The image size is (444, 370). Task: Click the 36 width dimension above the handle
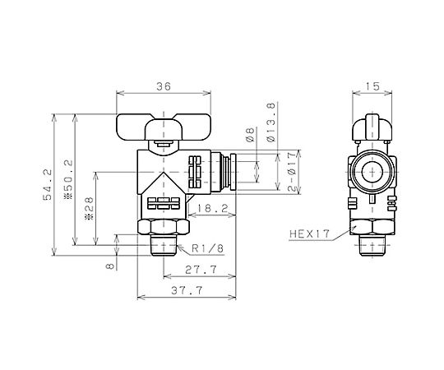[164, 86]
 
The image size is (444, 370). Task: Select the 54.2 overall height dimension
[48, 184]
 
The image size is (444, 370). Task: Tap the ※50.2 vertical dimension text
[69, 179]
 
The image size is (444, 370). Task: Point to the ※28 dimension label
[89, 209]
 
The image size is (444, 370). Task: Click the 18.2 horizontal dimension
[213, 209]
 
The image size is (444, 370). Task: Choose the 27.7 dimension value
[201, 269]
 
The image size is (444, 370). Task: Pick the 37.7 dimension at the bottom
[187, 290]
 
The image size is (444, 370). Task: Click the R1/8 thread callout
[207, 249]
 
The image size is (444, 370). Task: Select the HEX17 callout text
[310, 234]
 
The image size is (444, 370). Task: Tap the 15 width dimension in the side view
[372, 86]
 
